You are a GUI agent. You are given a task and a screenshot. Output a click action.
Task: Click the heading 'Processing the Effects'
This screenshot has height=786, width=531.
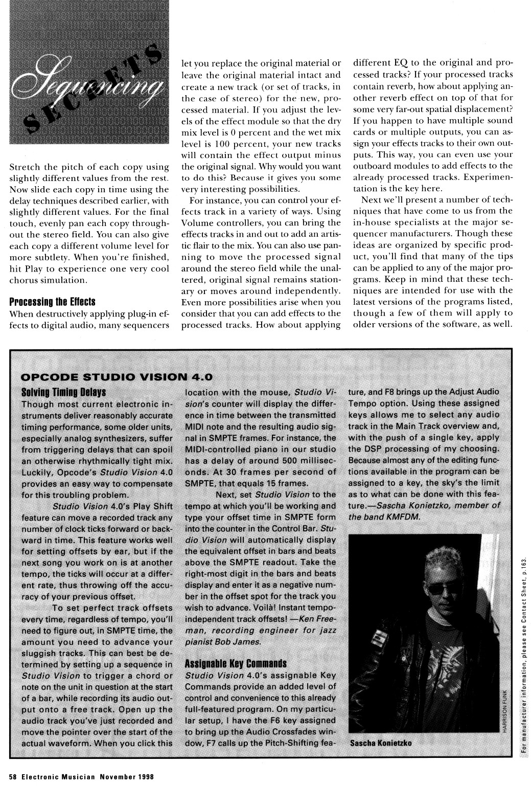[53, 302]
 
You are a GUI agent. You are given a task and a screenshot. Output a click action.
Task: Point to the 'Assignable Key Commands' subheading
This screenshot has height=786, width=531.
[235, 664]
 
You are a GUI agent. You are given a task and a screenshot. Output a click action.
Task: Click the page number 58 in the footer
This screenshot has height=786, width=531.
[13, 776]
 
